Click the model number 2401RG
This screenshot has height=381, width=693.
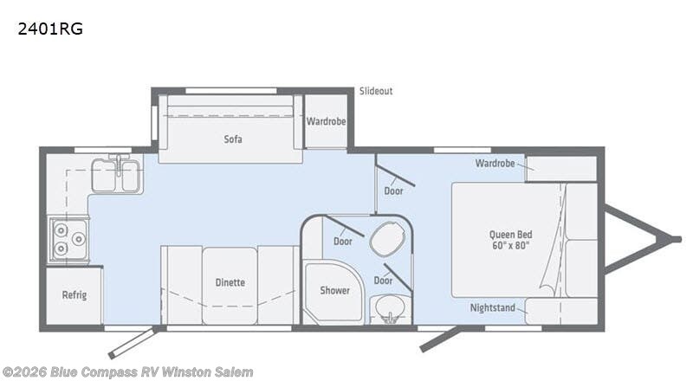49,29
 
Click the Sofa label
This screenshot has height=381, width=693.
232,139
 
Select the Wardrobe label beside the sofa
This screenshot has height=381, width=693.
326,121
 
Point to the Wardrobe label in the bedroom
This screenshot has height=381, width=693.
495,163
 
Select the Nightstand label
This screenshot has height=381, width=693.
492,307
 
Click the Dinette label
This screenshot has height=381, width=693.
230,282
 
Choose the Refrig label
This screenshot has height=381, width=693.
74,295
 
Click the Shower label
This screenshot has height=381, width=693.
334,290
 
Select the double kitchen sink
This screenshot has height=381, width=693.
116,176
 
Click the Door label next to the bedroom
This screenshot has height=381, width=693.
393,191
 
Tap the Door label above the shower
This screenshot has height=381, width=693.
343,241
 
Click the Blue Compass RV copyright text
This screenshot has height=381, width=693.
127,371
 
